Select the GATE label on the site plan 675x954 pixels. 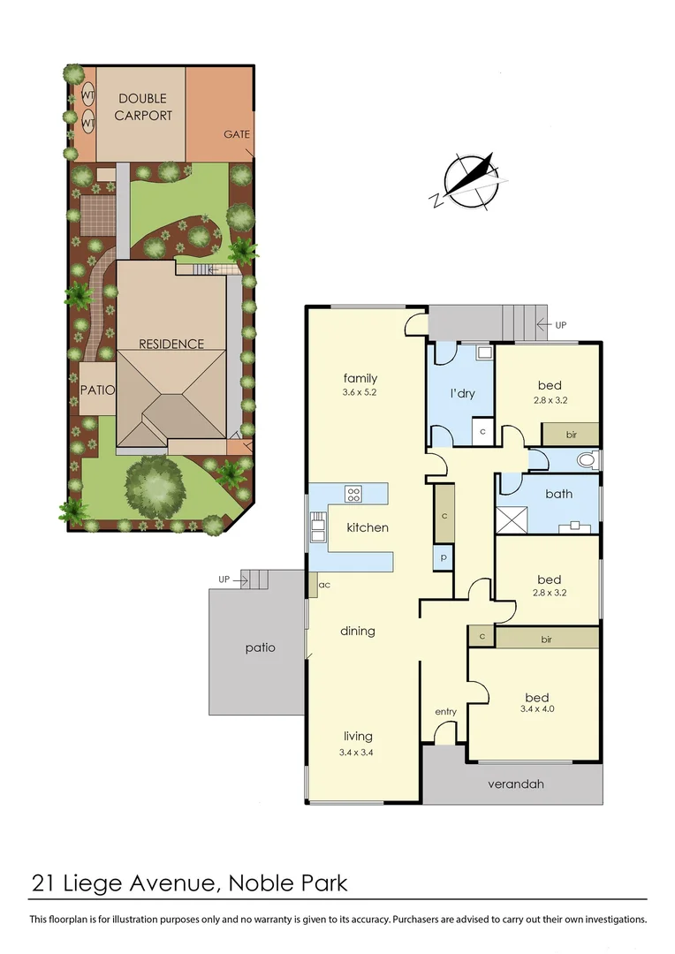tap(236, 134)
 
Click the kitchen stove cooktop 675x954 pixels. tap(353, 494)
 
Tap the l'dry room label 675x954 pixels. tap(462, 393)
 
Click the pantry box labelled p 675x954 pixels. tap(444, 557)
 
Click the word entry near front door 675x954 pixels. tap(446, 711)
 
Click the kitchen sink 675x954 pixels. tap(316, 529)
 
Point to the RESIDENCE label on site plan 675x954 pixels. tap(171, 344)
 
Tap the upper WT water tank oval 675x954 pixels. tap(88, 95)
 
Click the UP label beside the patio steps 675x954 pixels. tap(224, 579)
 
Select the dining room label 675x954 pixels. tap(358, 631)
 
